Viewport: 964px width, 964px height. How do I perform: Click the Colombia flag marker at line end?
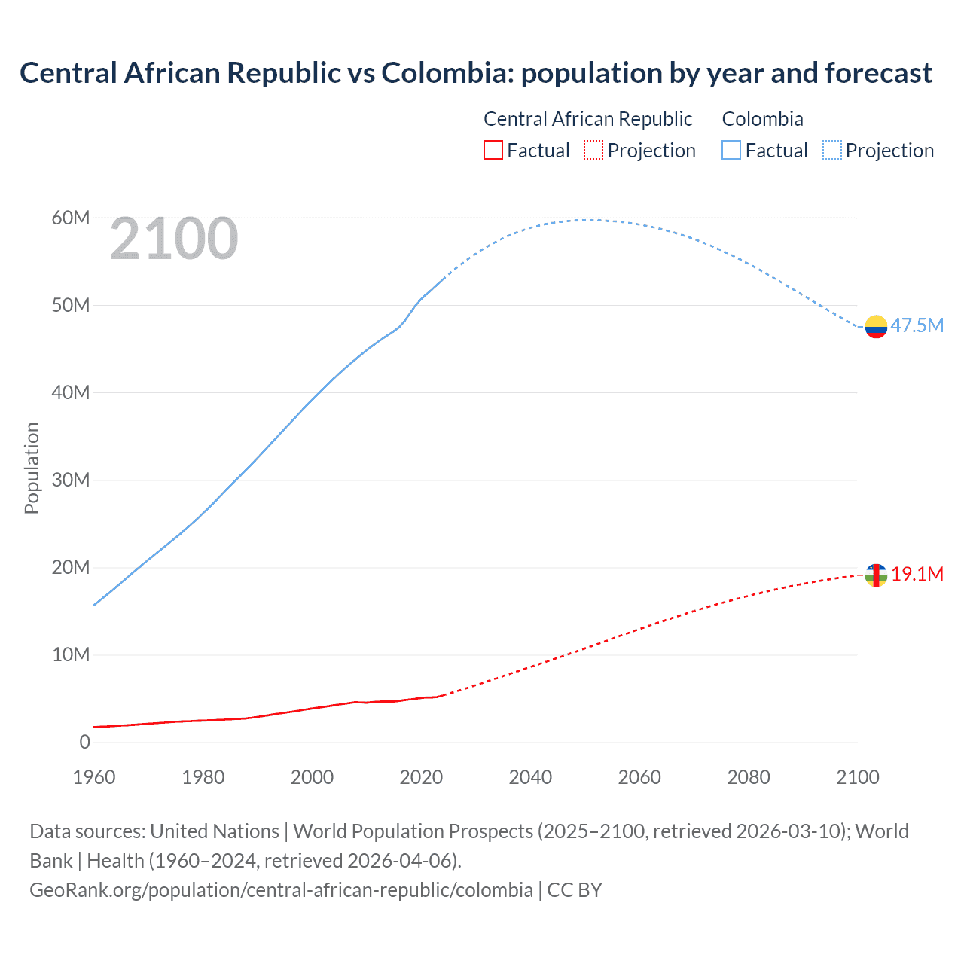point(876,327)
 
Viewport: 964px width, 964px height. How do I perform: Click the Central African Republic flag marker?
point(876,575)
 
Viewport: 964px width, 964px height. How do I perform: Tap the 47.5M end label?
point(917,325)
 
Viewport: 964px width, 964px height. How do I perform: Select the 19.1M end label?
point(917,574)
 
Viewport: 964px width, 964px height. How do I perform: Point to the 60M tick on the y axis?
point(71,218)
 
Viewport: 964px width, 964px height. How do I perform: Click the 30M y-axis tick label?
point(71,480)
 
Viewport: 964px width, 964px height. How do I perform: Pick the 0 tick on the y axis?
point(84,742)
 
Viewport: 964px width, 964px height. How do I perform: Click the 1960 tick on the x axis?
point(94,777)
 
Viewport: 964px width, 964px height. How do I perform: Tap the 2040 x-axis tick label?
point(530,777)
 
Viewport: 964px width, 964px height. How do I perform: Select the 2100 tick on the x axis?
point(857,777)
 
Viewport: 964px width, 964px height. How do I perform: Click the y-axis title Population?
point(32,468)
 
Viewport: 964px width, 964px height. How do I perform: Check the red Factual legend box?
point(493,151)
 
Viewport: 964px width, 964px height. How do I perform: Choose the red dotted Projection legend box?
point(593,151)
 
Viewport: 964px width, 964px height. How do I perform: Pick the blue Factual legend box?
point(731,151)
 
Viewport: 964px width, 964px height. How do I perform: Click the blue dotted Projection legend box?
point(831,151)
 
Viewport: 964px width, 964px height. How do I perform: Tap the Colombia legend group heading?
point(762,119)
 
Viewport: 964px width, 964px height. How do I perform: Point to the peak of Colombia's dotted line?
point(593,220)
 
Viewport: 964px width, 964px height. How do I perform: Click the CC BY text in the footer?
point(575,889)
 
